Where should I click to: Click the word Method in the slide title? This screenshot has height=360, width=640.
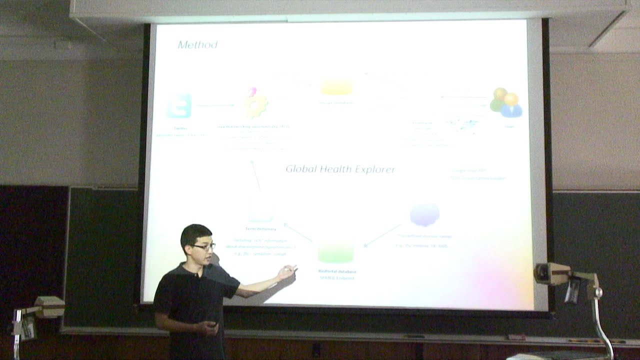click(x=197, y=45)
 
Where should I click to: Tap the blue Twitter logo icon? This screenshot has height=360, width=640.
click(x=179, y=105)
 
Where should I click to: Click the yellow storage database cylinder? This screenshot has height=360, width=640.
click(x=336, y=86)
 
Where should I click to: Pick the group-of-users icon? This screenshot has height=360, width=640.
click(x=506, y=103)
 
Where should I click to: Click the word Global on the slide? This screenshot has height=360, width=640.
click(x=301, y=169)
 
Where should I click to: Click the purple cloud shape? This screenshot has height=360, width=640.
click(x=424, y=214)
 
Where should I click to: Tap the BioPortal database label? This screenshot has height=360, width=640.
click(x=336, y=271)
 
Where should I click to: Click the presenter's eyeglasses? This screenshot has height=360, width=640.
click(x=204, y=246)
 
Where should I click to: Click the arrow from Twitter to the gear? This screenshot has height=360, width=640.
click(x=215, y=105)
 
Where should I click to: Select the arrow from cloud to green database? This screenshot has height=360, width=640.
click(x=383, y=235)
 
